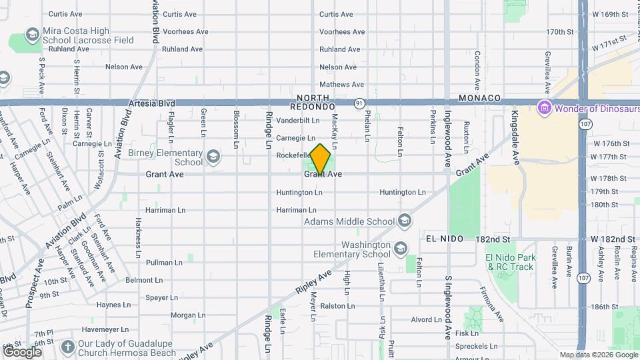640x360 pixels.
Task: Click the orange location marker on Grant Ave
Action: point(321,158)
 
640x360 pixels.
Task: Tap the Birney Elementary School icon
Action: point(213,157)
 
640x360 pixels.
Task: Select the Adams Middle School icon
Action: point(405,221)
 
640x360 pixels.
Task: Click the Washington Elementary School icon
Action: point(401,249)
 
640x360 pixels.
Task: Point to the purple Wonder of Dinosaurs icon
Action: point(544,107)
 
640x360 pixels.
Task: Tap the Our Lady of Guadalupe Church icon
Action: point(67,347)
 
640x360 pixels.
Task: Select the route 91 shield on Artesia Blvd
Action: point(359,103)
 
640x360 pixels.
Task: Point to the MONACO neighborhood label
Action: point(479,98)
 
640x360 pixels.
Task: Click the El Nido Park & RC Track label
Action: point(511,262)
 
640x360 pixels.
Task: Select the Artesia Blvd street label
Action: point(152,103)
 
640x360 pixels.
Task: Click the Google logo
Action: point(22,351)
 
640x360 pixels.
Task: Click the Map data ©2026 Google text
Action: point(598,355)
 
